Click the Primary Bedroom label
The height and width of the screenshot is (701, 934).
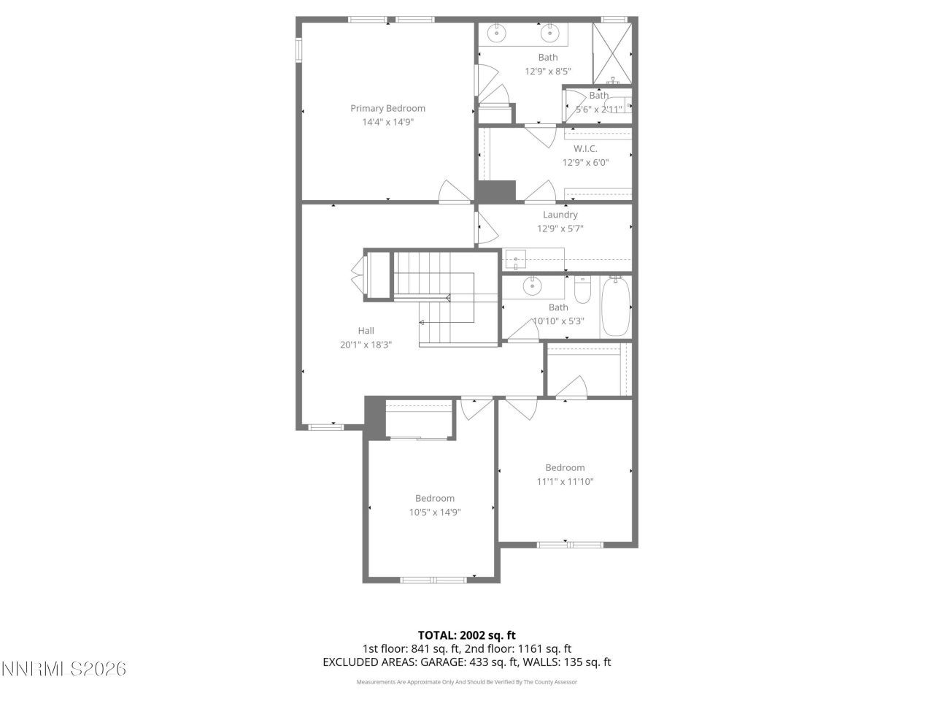387,108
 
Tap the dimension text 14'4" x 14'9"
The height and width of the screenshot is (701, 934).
387,123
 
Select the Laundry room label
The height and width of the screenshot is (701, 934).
560,215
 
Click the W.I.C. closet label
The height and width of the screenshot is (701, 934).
584,149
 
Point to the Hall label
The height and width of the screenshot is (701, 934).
366,331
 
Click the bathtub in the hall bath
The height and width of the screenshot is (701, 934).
615,306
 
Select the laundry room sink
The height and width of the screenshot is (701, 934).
516,258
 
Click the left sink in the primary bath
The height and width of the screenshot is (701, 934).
497,33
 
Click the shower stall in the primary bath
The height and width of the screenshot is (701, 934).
611,53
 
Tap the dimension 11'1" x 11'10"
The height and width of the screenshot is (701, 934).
565,482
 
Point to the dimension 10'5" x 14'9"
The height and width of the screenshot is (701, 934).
434,513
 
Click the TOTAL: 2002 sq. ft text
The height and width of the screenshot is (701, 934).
466,635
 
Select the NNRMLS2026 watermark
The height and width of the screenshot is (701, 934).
63,668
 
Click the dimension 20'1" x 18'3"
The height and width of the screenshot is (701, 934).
366,345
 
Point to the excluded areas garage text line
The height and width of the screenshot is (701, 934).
466,662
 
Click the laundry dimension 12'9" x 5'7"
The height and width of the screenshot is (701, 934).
560,229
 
